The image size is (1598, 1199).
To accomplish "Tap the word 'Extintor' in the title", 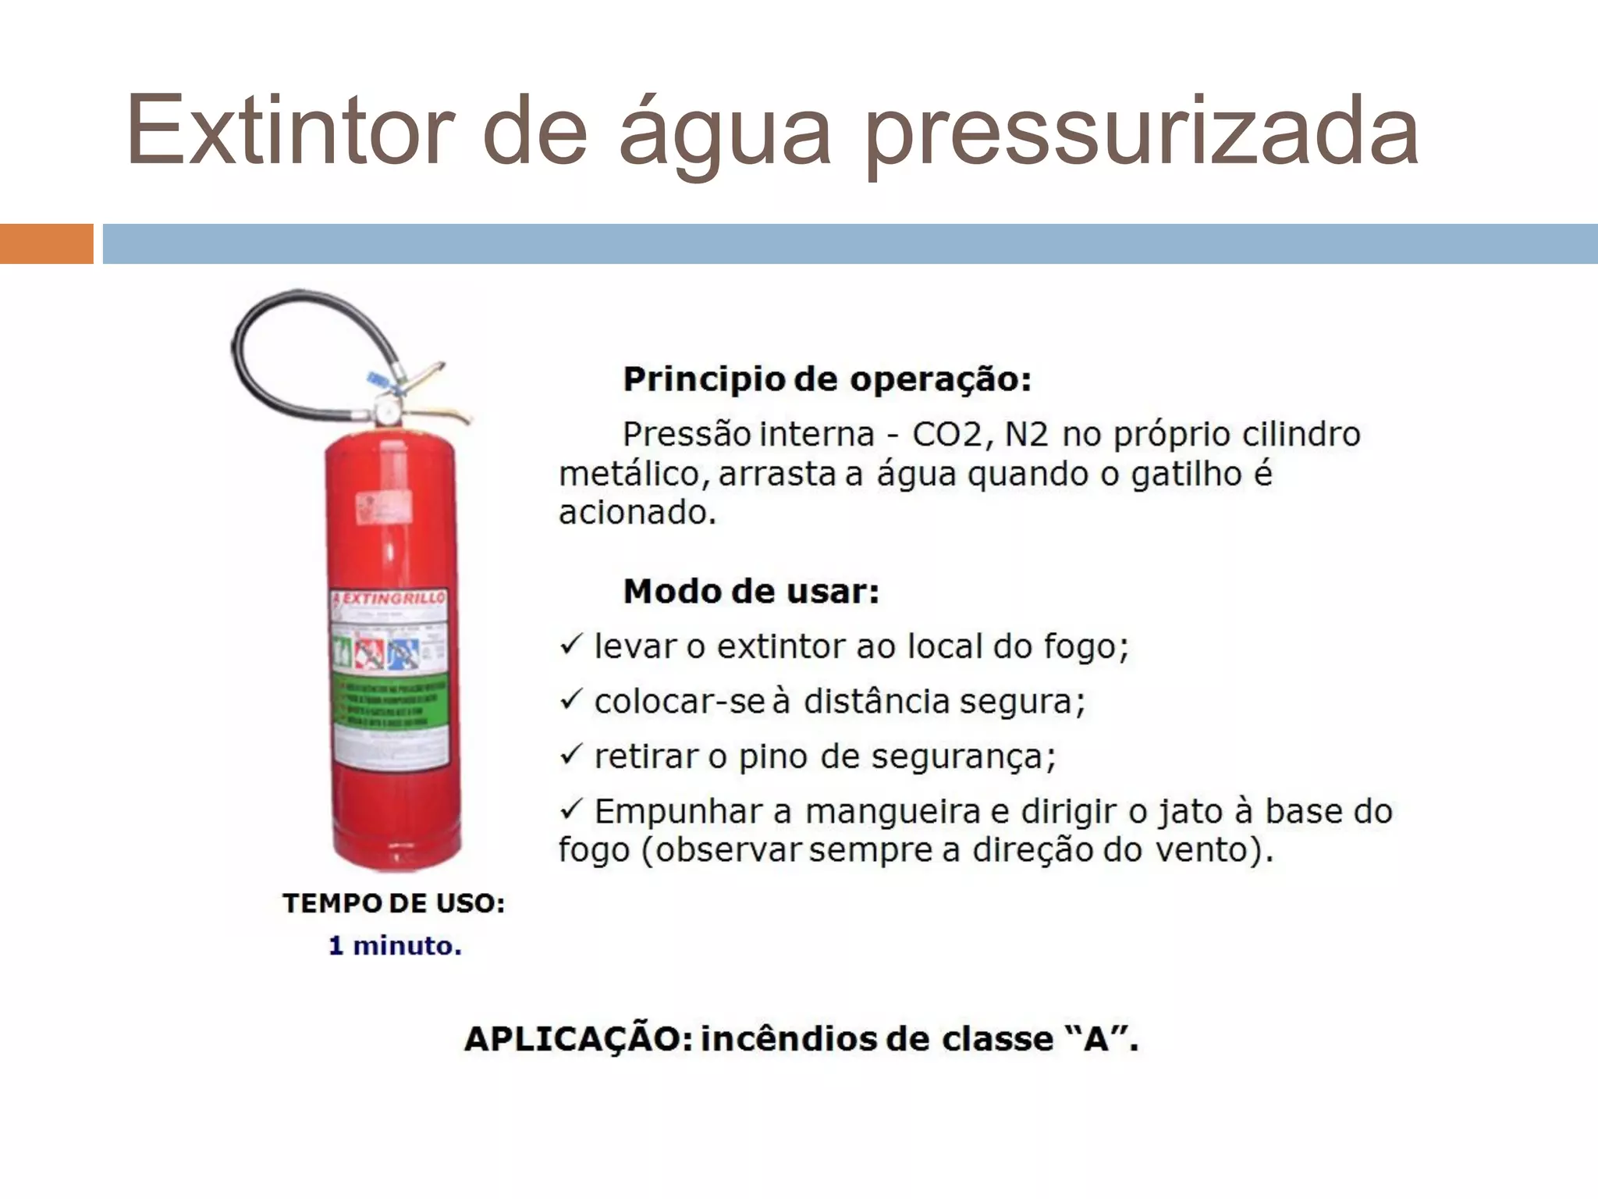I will (x=289, y=130).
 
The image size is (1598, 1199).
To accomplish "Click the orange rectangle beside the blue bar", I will (x=46, y=244).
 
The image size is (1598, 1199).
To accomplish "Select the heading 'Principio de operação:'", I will (x=827, y=379).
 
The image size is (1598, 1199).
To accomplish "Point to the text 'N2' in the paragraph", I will (x=1026, y=434).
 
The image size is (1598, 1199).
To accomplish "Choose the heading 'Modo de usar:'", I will (x=751, y=592).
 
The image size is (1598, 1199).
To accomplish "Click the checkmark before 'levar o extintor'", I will (x=571, y=645).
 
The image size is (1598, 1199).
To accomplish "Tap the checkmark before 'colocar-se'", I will (x=571, y=699).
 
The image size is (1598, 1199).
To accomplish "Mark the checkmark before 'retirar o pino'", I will (x=571, y=754).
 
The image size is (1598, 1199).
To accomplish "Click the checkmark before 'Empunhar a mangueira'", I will (x=571, y=809).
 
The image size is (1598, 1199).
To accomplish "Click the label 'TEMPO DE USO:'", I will (x=394, y=903).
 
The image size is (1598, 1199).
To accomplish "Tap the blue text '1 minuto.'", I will (x=395, y=946).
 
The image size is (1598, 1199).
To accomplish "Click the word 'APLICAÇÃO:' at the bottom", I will (x=578, y=1039).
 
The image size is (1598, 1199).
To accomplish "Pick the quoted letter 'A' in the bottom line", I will (x=1096, y=1039).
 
